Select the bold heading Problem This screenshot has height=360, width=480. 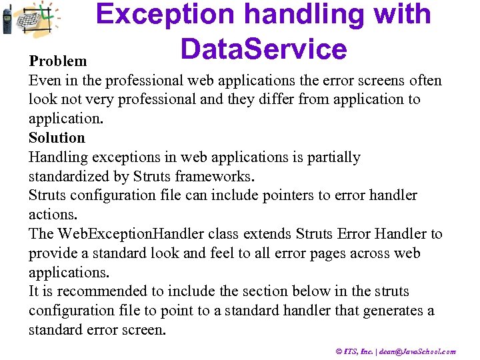point(58,61)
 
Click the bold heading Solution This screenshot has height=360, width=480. point(57,138)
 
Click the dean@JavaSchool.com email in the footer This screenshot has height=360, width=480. point(417,351)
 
